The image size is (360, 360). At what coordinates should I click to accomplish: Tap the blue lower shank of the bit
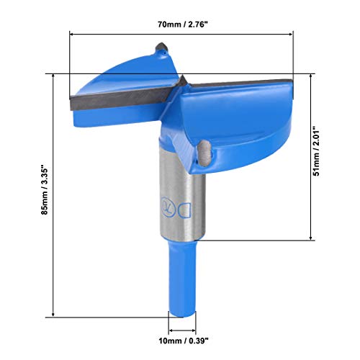[x=181, y=281]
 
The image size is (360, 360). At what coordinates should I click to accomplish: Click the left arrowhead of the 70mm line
[x=73, y=33]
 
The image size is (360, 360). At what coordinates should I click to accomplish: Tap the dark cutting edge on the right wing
[x=238, y=84]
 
